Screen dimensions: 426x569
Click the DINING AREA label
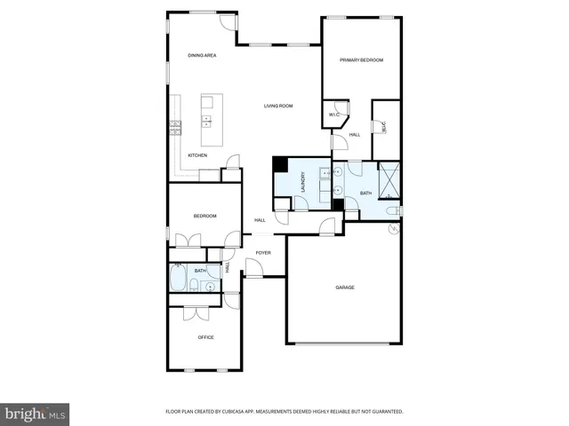[202, 56]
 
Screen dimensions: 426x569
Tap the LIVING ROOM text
[278, 106]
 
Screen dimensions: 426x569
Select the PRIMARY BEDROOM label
[361, 59]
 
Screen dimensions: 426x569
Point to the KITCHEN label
[197, 156]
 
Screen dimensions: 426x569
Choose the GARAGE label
[345, 288]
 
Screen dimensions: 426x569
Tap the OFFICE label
[205, 337]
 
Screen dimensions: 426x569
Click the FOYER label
[263, 253]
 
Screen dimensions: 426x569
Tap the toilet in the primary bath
[393, 211]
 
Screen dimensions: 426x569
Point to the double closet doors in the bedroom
[188, 241]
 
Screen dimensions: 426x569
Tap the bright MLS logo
[36, 414]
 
